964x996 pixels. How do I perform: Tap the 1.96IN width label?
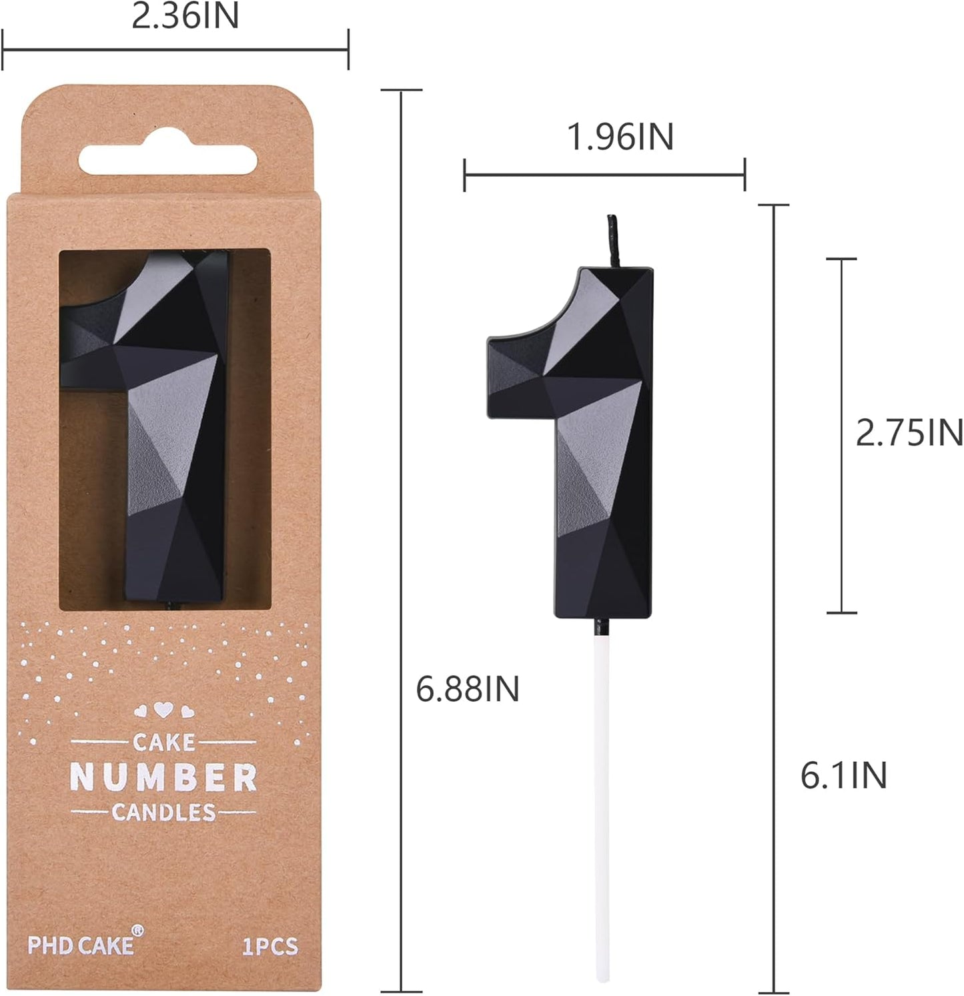pos(620,137)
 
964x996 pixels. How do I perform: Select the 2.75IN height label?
pos(909,433)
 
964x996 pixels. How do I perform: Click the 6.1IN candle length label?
pos(843,775)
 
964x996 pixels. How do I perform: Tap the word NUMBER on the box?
pos(163,777)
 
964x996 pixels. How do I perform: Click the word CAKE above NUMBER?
pos(163,741)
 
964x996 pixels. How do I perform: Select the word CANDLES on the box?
pos(163,812)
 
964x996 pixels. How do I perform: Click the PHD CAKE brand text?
pos(80,945)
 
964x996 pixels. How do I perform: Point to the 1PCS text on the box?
pos(270,946)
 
